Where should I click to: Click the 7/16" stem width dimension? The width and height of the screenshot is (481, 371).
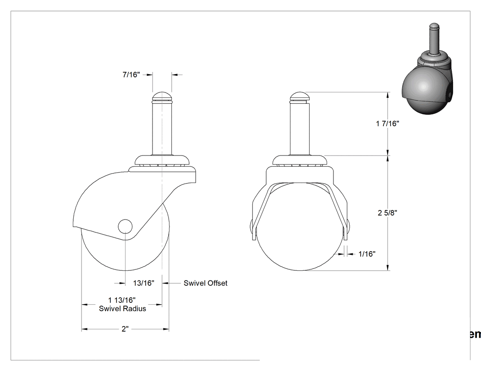(x=131, y=75)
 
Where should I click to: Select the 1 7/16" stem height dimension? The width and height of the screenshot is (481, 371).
(x=388, y=124)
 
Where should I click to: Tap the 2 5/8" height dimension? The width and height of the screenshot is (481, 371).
(x=388, y=213)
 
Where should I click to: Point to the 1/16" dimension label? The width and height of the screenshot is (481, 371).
(x=367, y=254)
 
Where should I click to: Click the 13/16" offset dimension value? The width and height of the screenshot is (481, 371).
(x=143, y=283)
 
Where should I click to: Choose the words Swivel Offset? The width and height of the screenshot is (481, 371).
(x=206, y=283)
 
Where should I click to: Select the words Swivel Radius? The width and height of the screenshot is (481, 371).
(x=122, y=308)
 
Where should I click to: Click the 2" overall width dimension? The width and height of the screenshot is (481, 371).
(x=125, y=329)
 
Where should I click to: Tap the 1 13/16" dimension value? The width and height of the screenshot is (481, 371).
(x=122, y=300)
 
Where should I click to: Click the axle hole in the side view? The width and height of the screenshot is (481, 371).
(x=125, y=226)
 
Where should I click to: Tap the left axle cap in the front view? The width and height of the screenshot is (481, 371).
(x=253, y=230)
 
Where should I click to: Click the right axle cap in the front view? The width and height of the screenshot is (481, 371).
(x=347, y=230)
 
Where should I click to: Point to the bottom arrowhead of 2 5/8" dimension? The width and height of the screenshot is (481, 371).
(x=388, y=267)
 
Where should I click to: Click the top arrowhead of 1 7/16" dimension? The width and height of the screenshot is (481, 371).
(x=388, y=95)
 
